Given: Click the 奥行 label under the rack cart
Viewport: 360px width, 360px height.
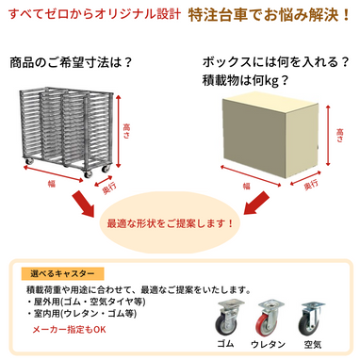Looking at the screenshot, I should click(x=112, y=191).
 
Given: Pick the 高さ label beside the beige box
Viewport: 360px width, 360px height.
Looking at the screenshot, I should click(x=340, y=139).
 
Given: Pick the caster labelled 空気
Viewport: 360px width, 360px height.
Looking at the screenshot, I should click(x=310, y=320).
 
